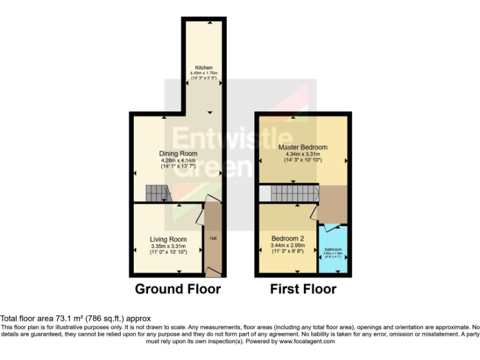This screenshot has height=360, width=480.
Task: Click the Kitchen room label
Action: (x=204, y=67)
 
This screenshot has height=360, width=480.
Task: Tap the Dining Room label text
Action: (x=178, y=154)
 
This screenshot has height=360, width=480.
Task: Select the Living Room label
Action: (x=168, y=239)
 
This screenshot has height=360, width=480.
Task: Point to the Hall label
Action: (x=212, y=237)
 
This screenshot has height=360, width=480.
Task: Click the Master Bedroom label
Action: (x=302, y=147)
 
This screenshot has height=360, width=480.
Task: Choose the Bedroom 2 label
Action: (x=287, y=238)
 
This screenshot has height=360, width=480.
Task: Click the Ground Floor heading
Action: (x=178, y=289)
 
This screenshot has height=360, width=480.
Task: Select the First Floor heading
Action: (x=303, y=289)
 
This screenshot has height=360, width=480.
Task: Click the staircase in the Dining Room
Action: (x=156, y=193)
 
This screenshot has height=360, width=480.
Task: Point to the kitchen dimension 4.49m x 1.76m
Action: (x=204, y=73)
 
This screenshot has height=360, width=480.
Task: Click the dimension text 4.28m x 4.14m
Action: (x=178, y=161)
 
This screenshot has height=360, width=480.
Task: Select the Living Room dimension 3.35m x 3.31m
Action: (x=168, y=246)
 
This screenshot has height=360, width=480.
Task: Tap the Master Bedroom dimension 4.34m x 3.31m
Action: (x=302, y=154)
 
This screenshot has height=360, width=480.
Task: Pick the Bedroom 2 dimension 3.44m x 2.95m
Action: (x=287, y=246)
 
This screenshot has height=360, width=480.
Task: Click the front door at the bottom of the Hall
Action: (x=213, y=271)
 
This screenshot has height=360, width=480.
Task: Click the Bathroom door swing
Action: (x=332, y=226)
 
